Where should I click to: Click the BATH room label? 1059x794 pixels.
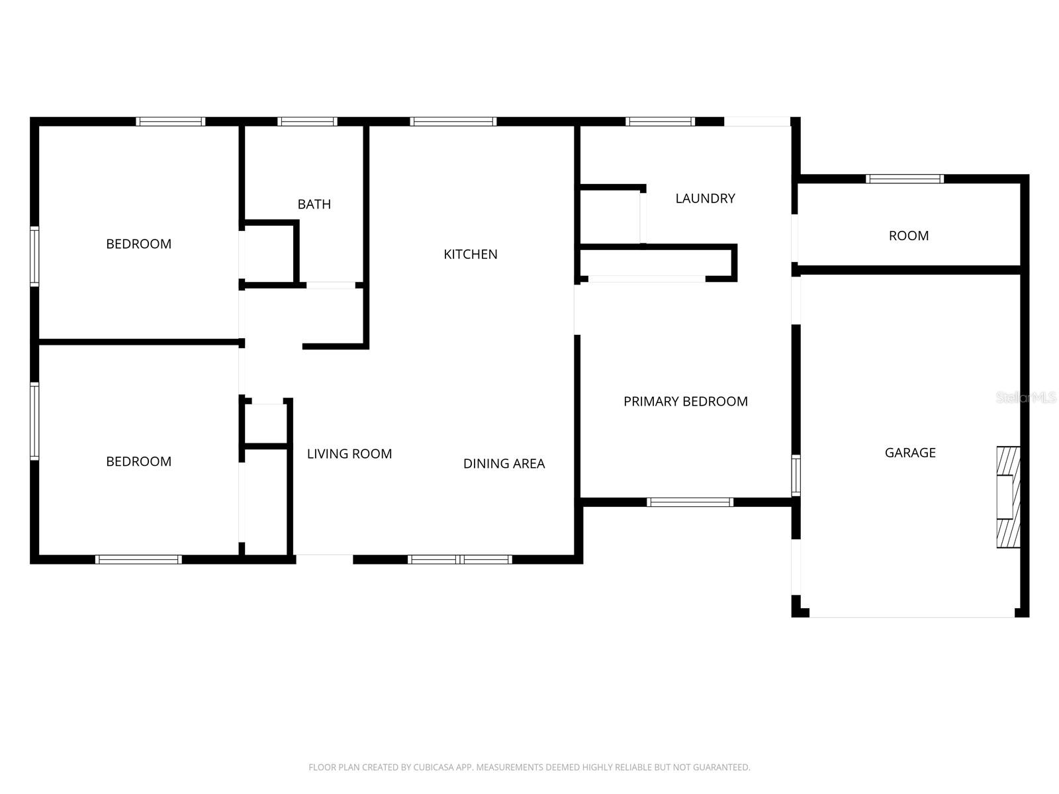click(314, 204)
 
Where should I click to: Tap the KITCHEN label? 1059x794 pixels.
click(470, 254)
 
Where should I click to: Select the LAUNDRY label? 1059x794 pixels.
click(705, 198)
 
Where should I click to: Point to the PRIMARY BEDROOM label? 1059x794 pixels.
click(685, 402)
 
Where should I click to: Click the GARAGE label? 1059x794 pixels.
click(910, 453)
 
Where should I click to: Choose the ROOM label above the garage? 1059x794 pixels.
click(908, 236)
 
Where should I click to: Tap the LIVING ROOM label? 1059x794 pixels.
click(349, 454)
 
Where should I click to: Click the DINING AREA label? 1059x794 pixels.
click(504, 464)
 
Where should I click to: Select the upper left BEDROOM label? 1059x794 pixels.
click(138, 244)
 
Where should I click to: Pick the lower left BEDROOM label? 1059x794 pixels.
click(138, 462)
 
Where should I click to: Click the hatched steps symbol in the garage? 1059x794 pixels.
click(1008, 497)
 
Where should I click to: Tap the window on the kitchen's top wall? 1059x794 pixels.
click(453, 122)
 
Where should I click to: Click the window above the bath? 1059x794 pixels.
click(307, 122)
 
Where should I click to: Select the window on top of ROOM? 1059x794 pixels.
click(904, 179)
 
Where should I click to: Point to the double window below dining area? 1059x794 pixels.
click(459, 560)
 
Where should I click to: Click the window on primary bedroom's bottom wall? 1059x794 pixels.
click(690, 502)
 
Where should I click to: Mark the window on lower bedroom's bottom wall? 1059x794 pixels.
click(138, 560)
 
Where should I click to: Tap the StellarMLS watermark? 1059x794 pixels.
click(1026, 398)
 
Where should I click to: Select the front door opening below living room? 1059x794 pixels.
click(324, 560)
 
